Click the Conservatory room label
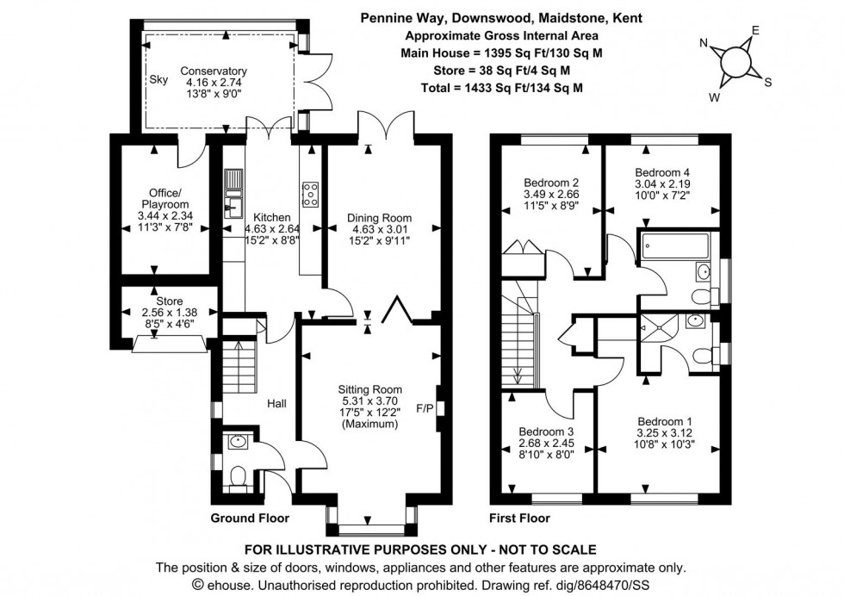(x=214, y=71)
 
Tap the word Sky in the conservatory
(x=158, y=80)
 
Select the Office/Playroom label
(x=165, y=199)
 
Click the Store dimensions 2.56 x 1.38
(x=169, y=313)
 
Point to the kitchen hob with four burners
(x=311, y=194)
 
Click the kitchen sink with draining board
(x=233, y=194)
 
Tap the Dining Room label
(x=379, y=218)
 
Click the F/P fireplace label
(x=425, y=408)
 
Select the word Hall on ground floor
(x=276, y=403)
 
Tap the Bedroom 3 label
(x=546, y=431)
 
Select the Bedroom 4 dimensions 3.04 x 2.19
(x=662, y=184)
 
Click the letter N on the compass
(x=703, y=43)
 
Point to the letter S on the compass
(x=768, y=83)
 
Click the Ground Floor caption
(x=250, y=518)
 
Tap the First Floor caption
(x=519, y=518)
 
